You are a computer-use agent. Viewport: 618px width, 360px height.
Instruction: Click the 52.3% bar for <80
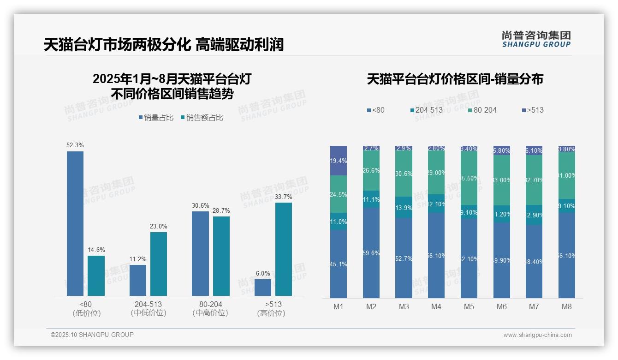coord(75,223)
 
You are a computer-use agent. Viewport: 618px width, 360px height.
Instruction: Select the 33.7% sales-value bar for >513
coord(284,249)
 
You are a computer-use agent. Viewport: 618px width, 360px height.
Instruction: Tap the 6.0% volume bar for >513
coord(263,287)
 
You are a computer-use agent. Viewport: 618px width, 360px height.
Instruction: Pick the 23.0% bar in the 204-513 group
coord(159,264)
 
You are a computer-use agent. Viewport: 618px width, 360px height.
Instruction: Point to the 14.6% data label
coord(96,250)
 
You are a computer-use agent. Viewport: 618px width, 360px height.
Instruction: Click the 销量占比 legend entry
coord(156,118)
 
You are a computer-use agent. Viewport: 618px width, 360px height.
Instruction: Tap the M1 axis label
coord(339,306)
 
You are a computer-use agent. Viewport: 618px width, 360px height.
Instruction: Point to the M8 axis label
coord(567,306)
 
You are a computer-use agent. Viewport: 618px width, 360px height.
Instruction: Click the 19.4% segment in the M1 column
coord(339,161)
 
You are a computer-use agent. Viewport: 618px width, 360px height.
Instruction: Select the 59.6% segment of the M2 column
coord(371,253)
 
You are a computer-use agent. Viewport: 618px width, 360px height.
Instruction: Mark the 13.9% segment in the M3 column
coord(404,207)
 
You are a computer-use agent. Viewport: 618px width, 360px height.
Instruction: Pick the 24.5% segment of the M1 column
coord(339,194)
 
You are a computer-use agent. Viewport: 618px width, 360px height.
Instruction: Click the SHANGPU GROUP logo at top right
coord(536,39)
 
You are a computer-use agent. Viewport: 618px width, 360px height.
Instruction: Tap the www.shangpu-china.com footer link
coord(537,335)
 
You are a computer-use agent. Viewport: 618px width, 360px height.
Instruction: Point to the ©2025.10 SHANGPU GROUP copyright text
coord(92,335)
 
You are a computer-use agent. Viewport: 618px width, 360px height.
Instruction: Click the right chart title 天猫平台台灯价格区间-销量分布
coord(455,79)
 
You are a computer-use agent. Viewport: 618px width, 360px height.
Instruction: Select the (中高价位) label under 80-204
coord(210,313)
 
